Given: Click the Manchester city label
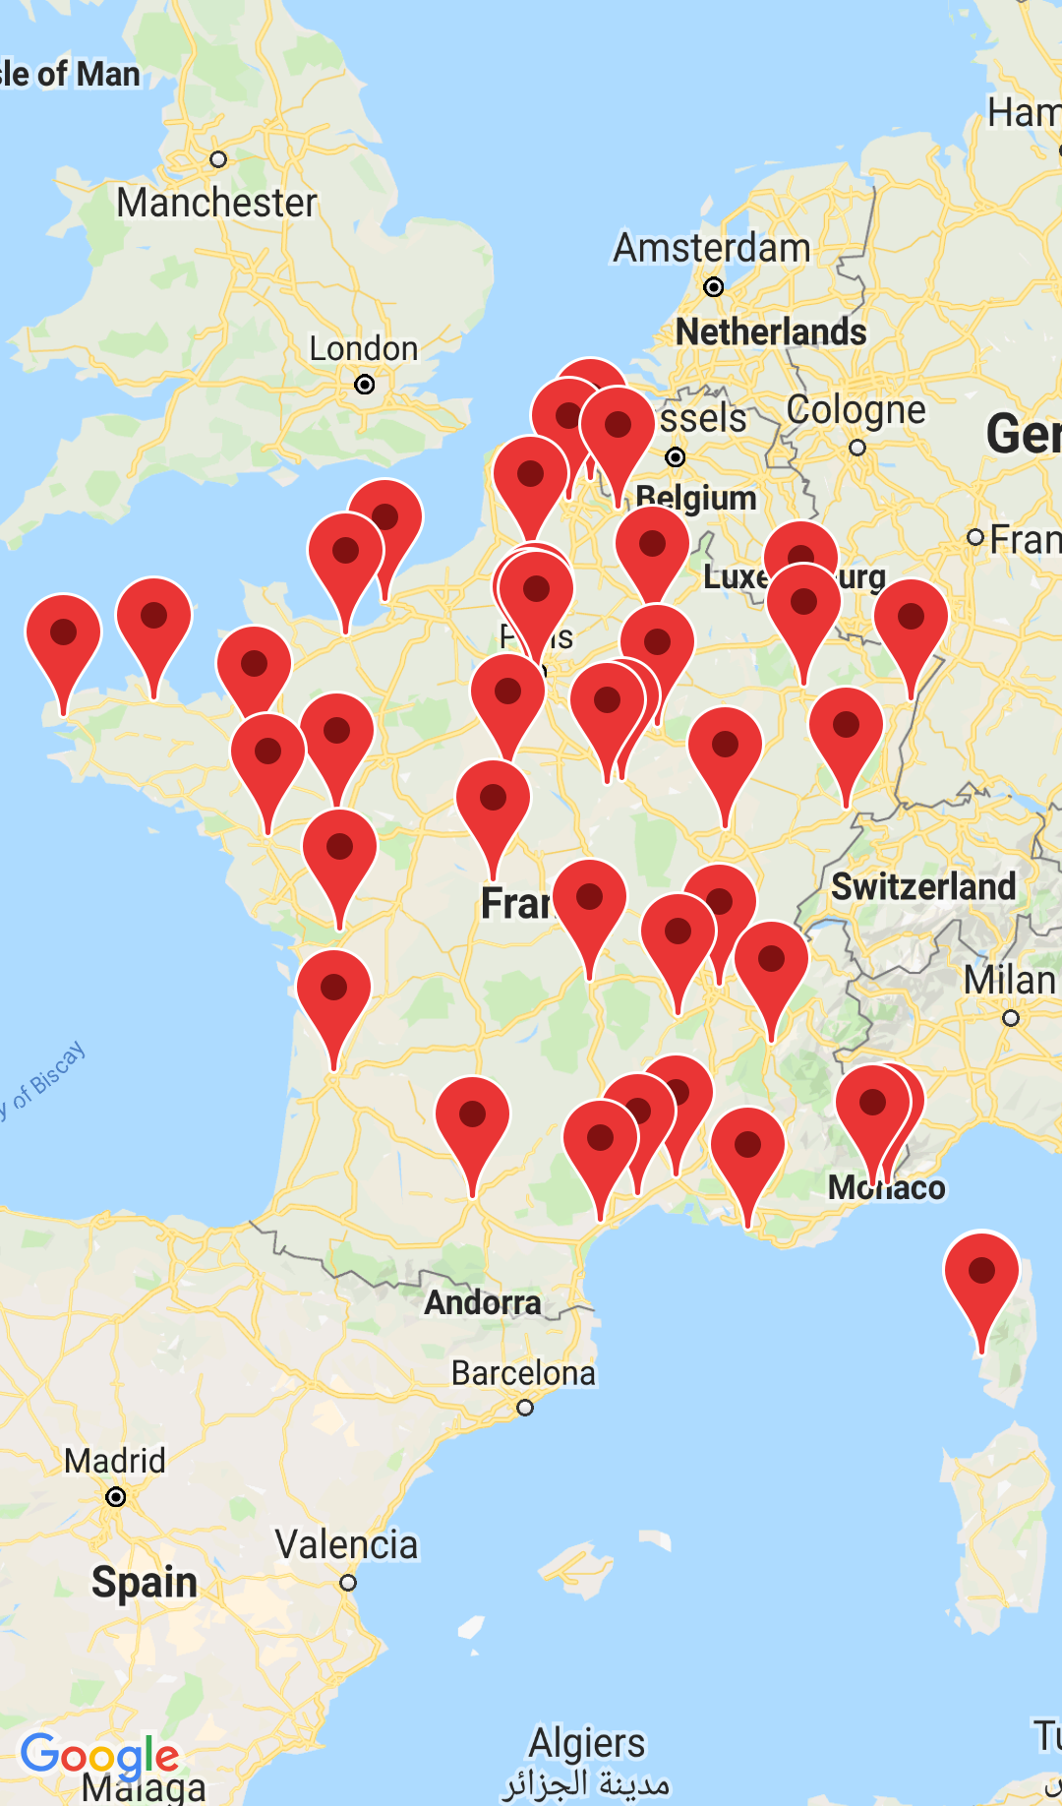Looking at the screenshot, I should click(216, 203).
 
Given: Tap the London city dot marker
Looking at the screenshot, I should click(365, 385).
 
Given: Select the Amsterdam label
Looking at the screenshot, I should click(712, 248).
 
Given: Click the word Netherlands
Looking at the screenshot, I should click(771, 332).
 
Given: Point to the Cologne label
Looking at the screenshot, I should click(855, 410).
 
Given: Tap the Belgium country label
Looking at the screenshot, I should click(696, 498).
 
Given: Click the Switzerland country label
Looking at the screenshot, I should click(923, 886).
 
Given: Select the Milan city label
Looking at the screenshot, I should click(1009, 981).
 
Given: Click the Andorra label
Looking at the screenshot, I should click(483, 1302).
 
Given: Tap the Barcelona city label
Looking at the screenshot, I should click(523, 1373).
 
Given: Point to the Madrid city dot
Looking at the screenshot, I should click(116, 1497).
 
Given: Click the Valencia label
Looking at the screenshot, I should click(346, 1544).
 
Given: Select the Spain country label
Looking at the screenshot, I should click(145, 1583).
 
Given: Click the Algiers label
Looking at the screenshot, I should click(587, 1743).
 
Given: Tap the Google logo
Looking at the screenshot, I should click(100, 1756).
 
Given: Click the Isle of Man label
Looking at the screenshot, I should click(69, 74).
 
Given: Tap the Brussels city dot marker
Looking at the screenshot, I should click(676, 456).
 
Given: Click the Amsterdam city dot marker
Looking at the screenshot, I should click(714, 287).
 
